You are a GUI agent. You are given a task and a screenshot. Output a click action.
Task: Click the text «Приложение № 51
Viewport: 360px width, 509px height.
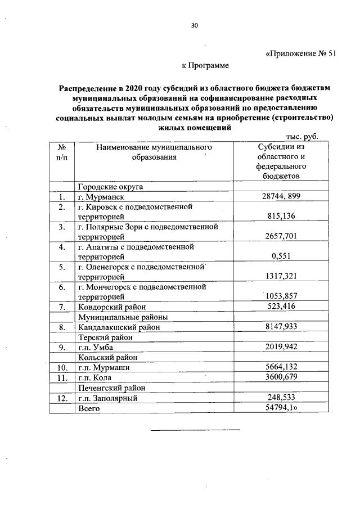point(300,55)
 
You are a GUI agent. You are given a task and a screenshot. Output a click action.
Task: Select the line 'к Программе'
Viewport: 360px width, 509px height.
point(205,66)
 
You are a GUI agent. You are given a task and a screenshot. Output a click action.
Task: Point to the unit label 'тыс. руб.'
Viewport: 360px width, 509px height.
point(302,136)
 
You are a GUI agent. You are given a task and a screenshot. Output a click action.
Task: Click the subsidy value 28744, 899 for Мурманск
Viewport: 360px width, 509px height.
point(283,197)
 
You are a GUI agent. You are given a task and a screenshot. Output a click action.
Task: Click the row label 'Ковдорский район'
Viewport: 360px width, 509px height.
point(112,307)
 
